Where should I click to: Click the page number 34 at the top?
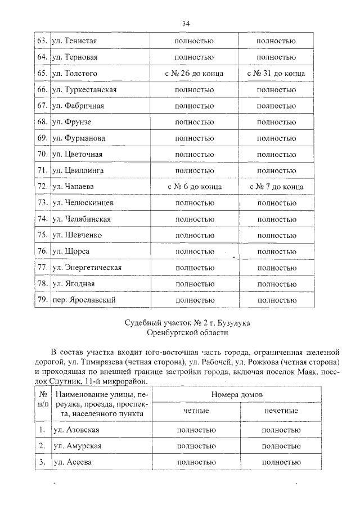186,23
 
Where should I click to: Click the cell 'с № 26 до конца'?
194,74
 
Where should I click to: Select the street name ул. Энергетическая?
87,268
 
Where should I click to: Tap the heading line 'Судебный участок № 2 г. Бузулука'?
186,323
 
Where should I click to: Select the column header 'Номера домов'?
237,395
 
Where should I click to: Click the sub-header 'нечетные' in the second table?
281,411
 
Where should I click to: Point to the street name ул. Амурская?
76,446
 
